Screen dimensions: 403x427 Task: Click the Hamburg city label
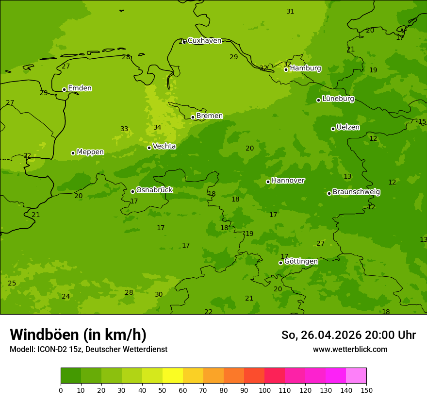click(x=305, y=68)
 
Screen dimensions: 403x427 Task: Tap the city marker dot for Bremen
click(x=193, y=117)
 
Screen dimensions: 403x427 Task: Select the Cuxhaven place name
click(x=204, y=41)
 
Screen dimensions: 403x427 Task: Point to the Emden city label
click(x=80, y=88)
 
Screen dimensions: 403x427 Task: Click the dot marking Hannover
click(x=268, y=182)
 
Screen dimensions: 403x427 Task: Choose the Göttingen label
click(x=301, y=262)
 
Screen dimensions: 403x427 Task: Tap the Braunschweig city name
click(x=356, y=192)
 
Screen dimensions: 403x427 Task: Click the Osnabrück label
click(x=154, y=190)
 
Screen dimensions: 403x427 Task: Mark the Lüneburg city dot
click(x=318, y=100)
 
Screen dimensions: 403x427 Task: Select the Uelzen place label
click(x=348, y=128)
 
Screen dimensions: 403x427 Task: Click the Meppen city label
click(x=90, y=152)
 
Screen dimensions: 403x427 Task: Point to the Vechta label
click(x=164, y=147)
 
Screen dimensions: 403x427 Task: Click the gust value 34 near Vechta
click(x=157, y=128)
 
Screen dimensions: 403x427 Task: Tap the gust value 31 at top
click(x=290, y=12)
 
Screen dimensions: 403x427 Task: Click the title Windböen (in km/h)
click(x=78, y=335)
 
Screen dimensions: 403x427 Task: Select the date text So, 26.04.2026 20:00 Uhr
click(x=348, y=335)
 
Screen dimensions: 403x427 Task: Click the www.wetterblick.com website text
click(x=350, y=350)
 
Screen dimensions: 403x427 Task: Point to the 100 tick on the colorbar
click(x=264, y=390)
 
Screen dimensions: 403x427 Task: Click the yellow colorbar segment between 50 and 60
click(x=173, y=376)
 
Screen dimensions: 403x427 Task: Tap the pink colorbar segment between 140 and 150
click(x=356, y=376)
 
